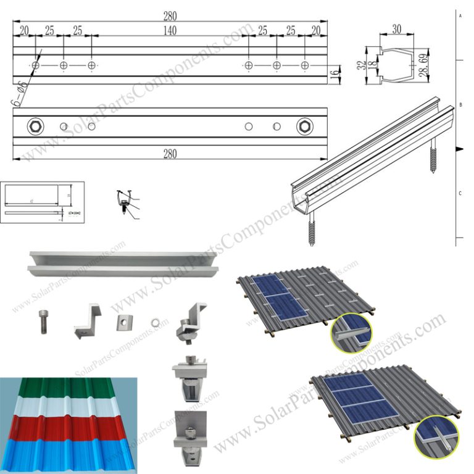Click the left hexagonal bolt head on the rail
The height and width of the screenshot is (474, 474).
tap(35, 127)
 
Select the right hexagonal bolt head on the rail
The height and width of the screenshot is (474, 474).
tap(304, 127)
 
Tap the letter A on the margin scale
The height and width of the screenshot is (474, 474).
tap(460, 14)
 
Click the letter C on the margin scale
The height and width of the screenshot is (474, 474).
tap(460, 194)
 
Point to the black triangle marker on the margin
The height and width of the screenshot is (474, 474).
tap(459, 149)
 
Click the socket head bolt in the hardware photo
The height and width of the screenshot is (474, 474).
tap(44, 322)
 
